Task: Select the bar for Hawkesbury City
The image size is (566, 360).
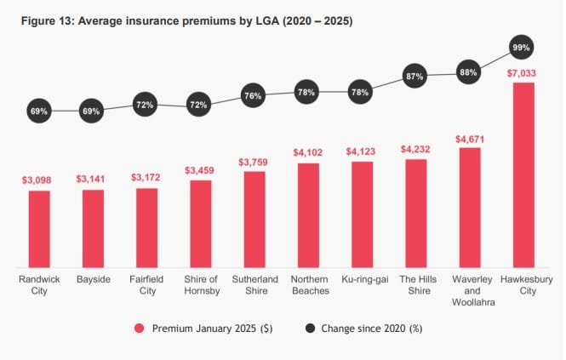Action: (523, 174)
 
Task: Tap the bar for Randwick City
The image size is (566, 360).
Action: (39, 228)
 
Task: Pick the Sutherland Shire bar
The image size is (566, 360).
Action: (254, 219)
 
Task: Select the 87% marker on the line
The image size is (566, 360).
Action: (415, 77)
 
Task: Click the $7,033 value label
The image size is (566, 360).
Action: (523, 72)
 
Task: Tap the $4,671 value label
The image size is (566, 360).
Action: (469, 138)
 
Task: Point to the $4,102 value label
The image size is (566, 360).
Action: (308, 152)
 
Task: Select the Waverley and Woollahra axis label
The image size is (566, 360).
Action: (469, 291)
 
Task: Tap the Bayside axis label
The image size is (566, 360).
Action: (93, 279)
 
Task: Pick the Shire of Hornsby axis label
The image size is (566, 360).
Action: (201, 285)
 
